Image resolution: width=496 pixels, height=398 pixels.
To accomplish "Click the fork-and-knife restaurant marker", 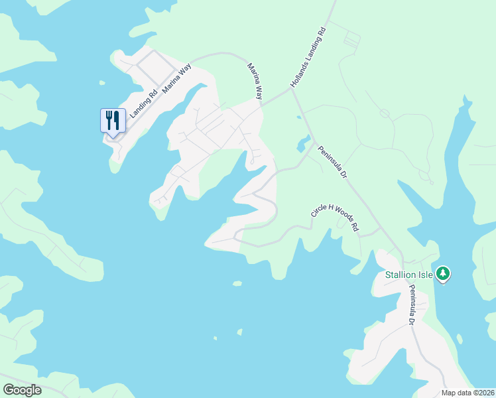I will [113, 121].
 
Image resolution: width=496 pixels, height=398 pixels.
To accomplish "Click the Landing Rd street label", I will [143, 104].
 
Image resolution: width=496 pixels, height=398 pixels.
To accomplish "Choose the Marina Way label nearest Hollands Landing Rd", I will [255, 81].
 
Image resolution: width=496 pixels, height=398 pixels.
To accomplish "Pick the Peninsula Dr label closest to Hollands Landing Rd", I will [333, 163].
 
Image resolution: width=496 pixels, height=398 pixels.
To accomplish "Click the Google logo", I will [22, 390].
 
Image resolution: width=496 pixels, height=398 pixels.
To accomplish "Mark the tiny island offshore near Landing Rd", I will [101, 83].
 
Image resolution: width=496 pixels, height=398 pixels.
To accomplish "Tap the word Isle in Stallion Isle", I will [425, 275].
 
